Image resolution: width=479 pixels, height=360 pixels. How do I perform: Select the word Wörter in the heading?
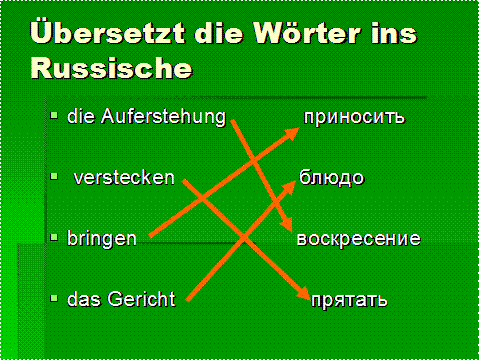click(307, 33)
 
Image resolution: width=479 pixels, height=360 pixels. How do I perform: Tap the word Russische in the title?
click(111, 68)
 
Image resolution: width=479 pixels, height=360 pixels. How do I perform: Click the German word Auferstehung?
click(163, 117)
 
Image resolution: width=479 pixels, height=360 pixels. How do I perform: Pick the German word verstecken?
click(124, 178)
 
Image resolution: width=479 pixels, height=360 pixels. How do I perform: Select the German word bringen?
click(102, 239)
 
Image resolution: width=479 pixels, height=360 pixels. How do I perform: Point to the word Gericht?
click(141, 299)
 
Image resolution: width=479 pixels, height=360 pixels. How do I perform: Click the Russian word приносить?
click(354, 117)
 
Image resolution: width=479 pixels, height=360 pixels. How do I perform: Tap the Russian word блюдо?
click(331, 178)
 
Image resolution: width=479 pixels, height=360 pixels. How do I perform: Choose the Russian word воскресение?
click(358, 239)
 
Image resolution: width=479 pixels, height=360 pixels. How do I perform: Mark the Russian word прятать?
click(349, 300)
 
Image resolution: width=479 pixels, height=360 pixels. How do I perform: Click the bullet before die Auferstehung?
click(54, 116)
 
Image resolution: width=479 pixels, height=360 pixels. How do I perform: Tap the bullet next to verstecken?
click(54, 176)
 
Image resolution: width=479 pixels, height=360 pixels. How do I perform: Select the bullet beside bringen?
click(54, 237)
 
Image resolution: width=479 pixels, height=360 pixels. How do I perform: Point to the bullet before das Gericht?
click(54, 298)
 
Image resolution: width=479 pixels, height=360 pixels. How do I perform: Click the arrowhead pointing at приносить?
click(291, 133)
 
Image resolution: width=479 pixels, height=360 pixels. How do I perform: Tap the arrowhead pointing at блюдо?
click(289, 187)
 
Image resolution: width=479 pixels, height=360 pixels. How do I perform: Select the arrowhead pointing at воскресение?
click(286, 223)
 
